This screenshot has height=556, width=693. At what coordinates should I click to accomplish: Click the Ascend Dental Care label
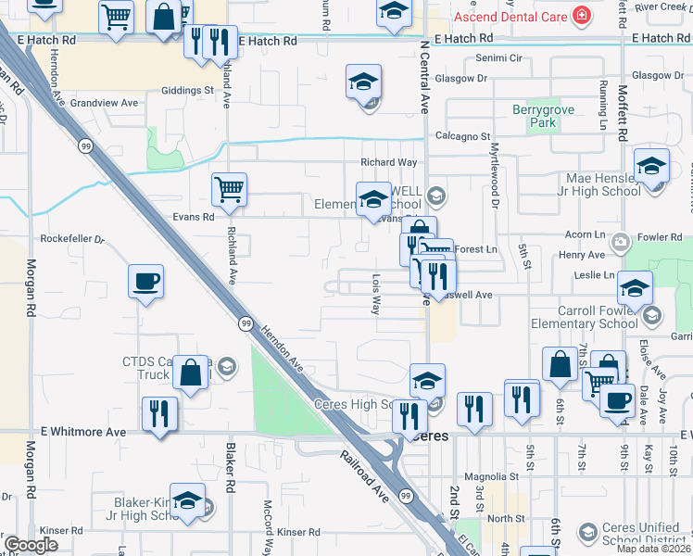(510, 17)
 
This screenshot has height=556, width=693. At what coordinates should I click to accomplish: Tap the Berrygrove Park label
(544, 116)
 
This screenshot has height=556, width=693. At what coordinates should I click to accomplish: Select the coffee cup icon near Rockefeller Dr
(146, 282)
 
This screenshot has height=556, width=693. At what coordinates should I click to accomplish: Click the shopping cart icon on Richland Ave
(228, 190)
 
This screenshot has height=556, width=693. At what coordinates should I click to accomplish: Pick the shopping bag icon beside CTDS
(190, 373)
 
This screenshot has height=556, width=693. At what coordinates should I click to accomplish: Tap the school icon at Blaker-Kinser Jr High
(188, 501)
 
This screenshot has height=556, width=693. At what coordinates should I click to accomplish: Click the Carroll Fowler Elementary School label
(584, 318)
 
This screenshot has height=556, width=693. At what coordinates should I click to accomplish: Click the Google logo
(31, 545)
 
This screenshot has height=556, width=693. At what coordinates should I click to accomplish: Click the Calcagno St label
(462, 136)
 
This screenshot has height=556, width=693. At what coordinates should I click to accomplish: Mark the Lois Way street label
(376, 294)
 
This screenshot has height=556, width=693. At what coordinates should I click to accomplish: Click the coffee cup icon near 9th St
(618, 400)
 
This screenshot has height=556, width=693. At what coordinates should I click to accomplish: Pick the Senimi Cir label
(499, 57)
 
